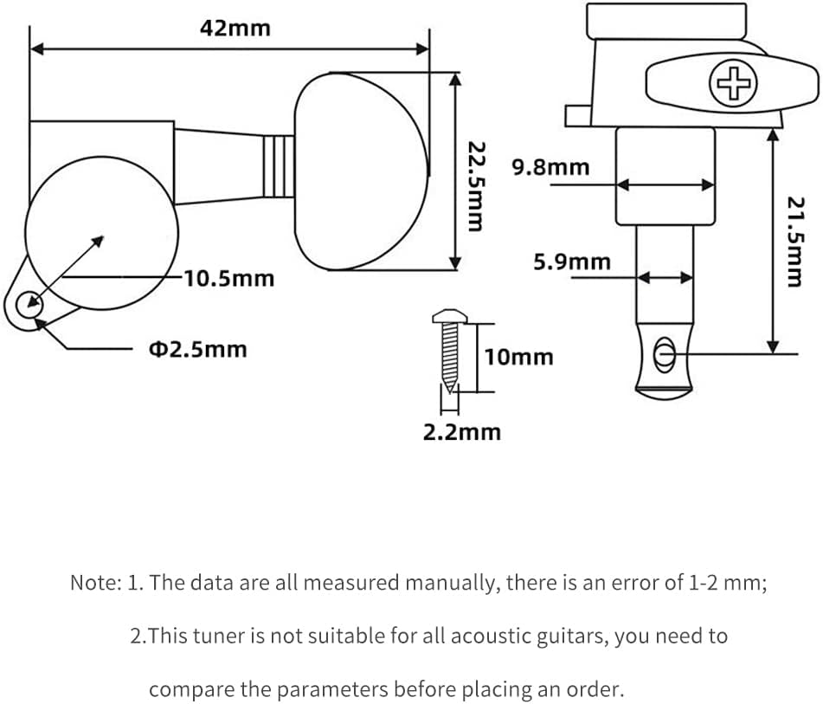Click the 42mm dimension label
(235, 28)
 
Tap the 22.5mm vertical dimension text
(476, 186)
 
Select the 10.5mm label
(228, 279)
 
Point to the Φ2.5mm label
(198, 349)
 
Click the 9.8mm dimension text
(550, 167)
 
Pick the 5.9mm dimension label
(572, 262)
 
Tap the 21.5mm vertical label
(795, 242)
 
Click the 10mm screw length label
(518, 358)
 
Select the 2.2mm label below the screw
(462, 432)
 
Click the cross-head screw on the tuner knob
(733, 83)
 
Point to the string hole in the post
(664, 355)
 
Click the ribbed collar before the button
(278, 166)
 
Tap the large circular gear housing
(102, 233)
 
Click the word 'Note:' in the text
(95, 583)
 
